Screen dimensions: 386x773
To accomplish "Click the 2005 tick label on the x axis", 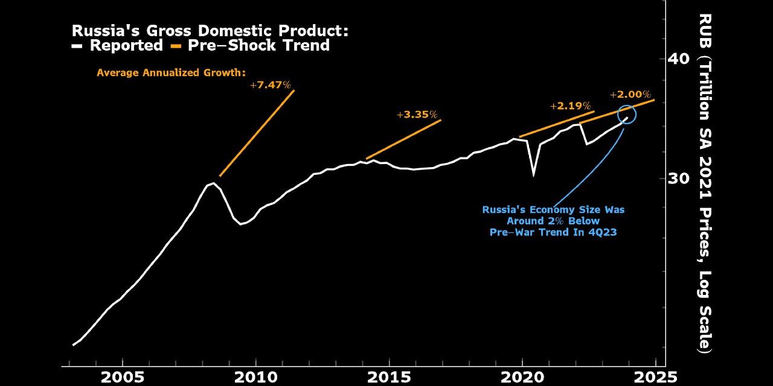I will coord(123,378).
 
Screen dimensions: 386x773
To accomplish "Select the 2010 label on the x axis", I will coord(256,378).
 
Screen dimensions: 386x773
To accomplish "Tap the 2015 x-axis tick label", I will coord(390,378).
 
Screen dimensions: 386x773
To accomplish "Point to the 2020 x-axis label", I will coord(522,378).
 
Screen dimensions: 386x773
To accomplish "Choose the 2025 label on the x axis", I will coord(655,378).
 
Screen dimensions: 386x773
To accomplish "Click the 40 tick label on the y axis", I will coord(678,59).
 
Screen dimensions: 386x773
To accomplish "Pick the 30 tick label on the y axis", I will coord(678,179).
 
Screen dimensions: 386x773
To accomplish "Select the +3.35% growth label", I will coord(417,115).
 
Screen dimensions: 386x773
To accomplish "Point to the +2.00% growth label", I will coord(630,95).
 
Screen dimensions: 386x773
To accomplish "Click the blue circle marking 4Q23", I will coord(627,114).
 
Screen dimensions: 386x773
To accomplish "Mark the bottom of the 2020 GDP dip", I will coord(533,175).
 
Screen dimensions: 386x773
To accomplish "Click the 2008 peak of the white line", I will coord(213,183).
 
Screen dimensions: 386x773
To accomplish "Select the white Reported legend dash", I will coord(77,46).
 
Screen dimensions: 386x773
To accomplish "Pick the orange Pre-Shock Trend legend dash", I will coord(176,46).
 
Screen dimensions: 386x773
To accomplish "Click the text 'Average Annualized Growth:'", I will coord(171,72).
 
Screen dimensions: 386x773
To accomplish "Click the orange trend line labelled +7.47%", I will coord(257,133).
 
